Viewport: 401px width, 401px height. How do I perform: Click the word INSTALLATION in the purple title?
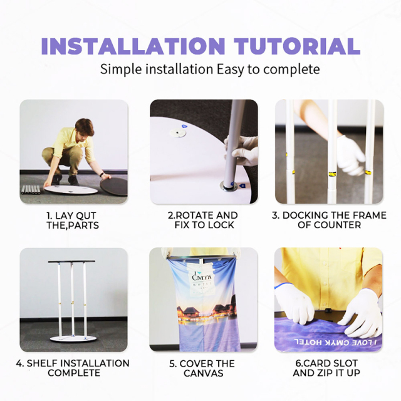tap(133, 46)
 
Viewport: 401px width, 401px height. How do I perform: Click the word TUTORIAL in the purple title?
tap(298, 46)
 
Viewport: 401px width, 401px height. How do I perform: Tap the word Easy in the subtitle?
tap(230, 70)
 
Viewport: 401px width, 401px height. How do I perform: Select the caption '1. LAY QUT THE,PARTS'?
tap(73, 221)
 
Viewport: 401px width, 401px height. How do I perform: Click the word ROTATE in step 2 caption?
tap(192, 216)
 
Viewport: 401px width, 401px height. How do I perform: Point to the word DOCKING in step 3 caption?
tap(302, 216)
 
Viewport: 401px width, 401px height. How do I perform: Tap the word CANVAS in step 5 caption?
tap(204, 373)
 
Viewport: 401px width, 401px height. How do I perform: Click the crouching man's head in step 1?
tap(85, 127)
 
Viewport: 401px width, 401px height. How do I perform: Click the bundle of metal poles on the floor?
tap(31, 190)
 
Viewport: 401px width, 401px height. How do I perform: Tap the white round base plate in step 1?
tap(71, 190)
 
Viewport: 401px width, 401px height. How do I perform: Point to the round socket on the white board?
tap(177, 133)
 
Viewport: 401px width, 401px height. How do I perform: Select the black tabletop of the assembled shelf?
tap(72, 262)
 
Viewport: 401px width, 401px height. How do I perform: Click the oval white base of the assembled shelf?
tap(73, 339)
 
